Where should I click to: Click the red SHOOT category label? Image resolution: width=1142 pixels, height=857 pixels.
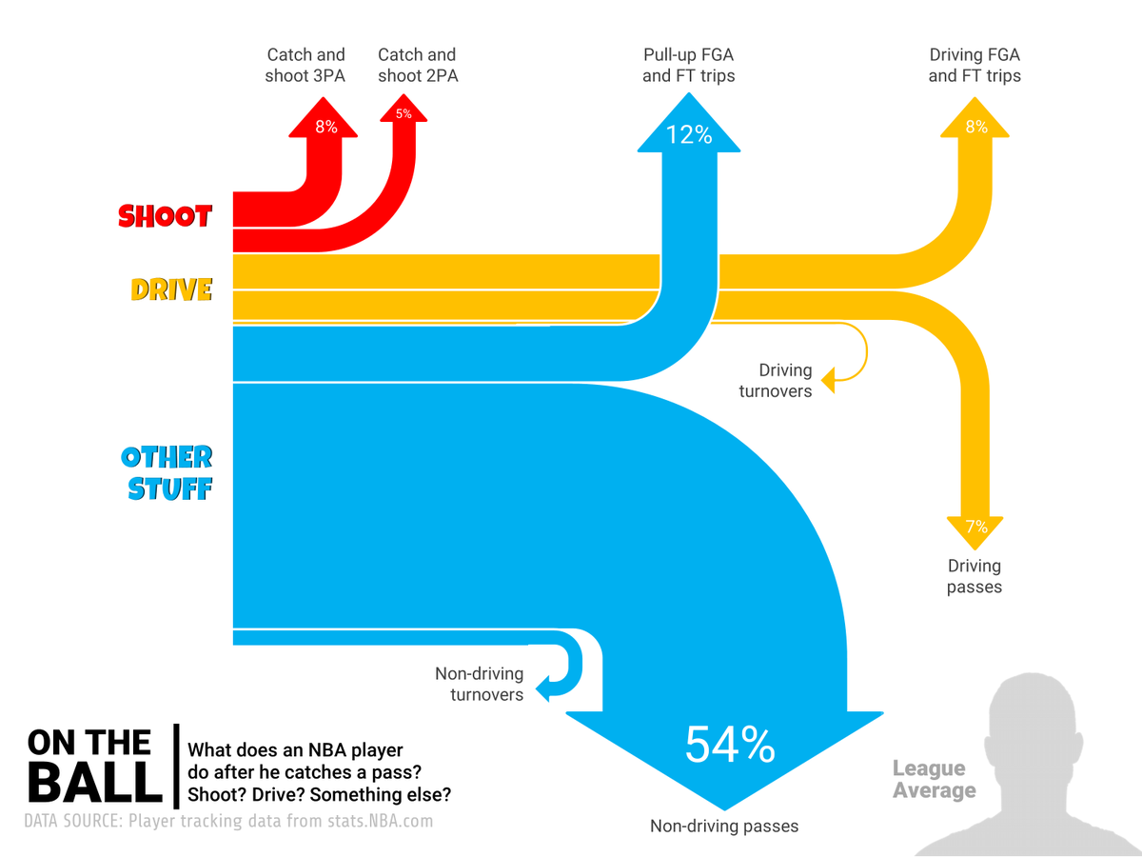tap(165, 216)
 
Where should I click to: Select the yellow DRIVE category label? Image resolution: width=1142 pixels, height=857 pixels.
tap(171, 289)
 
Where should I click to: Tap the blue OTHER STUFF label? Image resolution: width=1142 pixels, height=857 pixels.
tap(167, 472)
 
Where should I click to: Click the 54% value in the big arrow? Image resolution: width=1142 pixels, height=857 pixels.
tap(729, 745)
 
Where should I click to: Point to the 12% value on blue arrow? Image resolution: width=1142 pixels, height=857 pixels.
tap(689, 134)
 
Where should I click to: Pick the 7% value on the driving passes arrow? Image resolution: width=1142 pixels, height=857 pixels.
tap(975, 527)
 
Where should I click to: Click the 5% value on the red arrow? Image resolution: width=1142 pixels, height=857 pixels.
tap(404, 114)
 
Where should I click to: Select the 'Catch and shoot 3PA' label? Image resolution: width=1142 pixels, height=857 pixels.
tap(305, 65)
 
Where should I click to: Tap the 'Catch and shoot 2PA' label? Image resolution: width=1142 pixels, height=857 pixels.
tap(418, 65)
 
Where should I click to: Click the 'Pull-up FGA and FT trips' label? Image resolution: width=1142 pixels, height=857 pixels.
tap(689, 65)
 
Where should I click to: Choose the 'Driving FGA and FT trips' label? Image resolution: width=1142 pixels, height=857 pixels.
tap(975, 65)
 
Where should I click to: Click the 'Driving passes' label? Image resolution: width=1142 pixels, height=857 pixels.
tap(975, 577)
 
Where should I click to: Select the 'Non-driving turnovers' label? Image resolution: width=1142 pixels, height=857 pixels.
tap(479, 684)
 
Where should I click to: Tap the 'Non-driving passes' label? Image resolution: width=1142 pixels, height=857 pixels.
tap(724, 826)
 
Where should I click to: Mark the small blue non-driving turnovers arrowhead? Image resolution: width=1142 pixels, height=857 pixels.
tap(543, 687)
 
